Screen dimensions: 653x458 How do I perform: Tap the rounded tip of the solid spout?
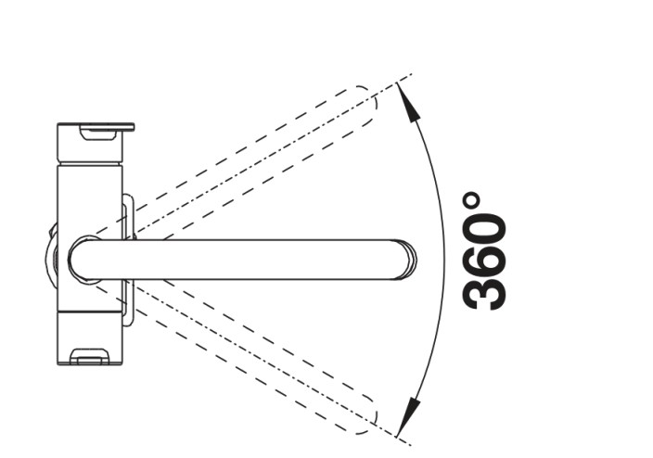click(410, 260)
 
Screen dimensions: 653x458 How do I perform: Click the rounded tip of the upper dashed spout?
click(368, 104)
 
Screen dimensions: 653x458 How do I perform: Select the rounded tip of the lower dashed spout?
click(368, 415)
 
